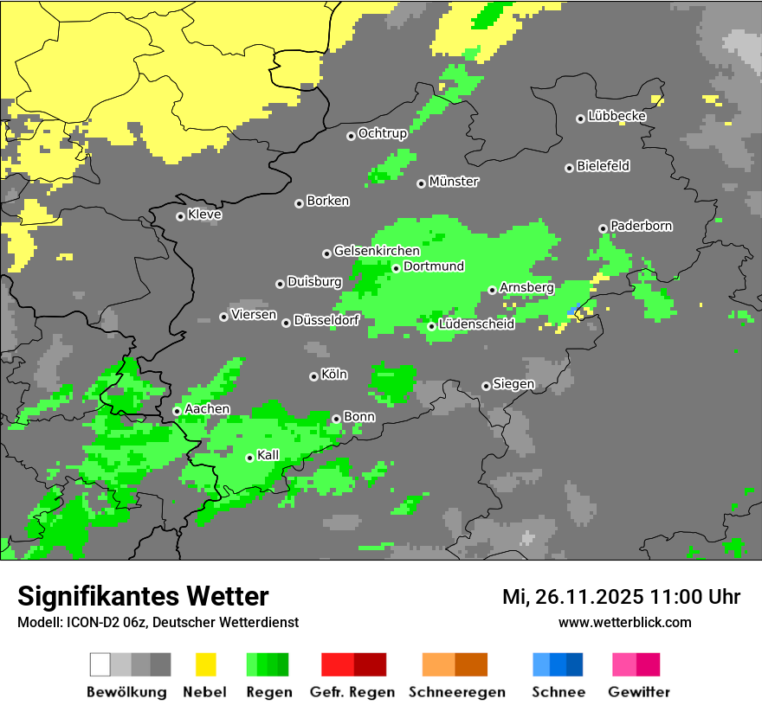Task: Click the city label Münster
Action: (454, 182)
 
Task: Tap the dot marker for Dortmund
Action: (396, 268)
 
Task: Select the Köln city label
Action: (334, 375)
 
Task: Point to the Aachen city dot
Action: (177, 411)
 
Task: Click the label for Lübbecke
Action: (617, 116)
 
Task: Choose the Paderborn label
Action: (641, 226)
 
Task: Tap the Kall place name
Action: (268, 455)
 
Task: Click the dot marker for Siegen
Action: (486, 386)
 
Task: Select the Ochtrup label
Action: (382, 133)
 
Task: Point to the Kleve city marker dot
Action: (180, 216)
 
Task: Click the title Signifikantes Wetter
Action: (143, 596)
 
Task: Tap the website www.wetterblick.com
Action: (624, 622)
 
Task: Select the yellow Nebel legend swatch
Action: (205, 664)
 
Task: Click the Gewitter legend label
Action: (638, 692)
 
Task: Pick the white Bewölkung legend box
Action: (100, 664)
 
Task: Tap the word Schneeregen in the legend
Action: (456, 692)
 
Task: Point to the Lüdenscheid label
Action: (476, 324)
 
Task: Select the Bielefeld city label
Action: (603, 165)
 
